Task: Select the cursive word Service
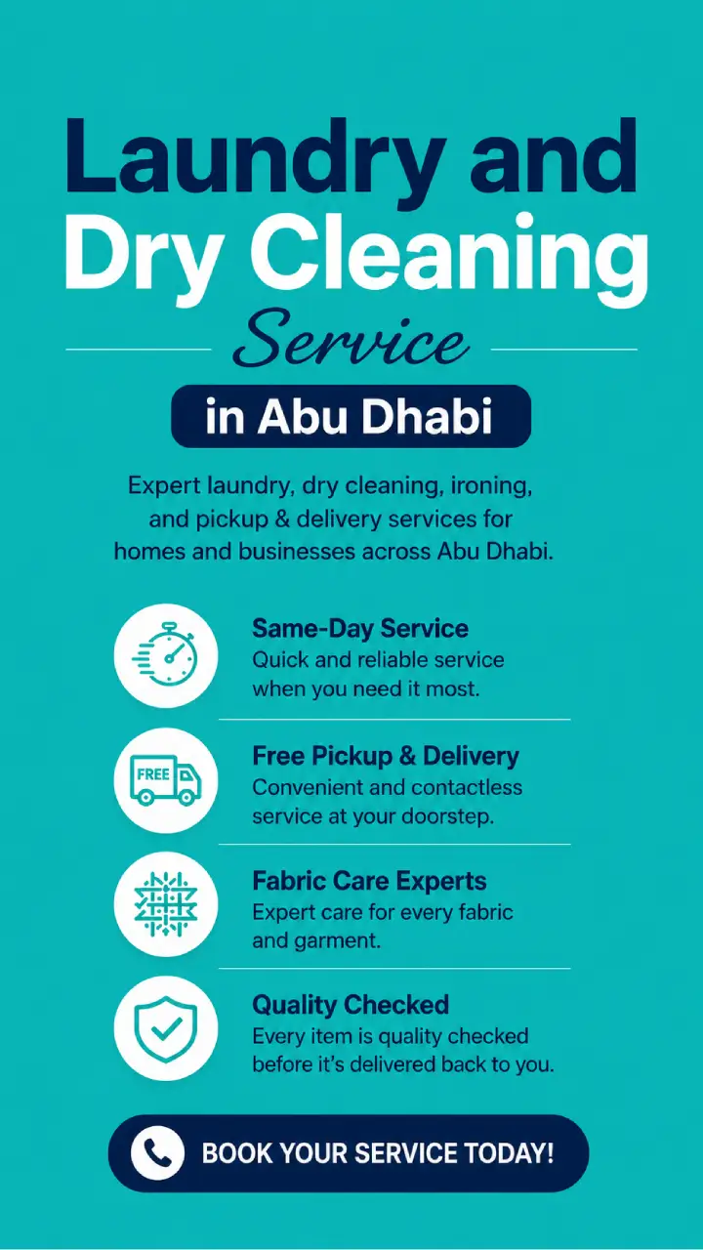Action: click(351, 341)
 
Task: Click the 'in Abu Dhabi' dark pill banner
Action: click(351, 416)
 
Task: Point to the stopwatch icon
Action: click(165, 655)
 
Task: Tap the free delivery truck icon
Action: click(165, 779)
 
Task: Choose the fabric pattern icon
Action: click(166, 904)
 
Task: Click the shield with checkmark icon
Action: click(166, 1028)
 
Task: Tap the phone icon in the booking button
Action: click(157, 1153)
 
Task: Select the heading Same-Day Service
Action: click(360, 628)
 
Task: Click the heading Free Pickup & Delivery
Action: click(386, 756)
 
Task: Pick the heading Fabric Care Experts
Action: click(369, 881)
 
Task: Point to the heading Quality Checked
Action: click(351, 1005)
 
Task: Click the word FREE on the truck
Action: click(153, 774)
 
